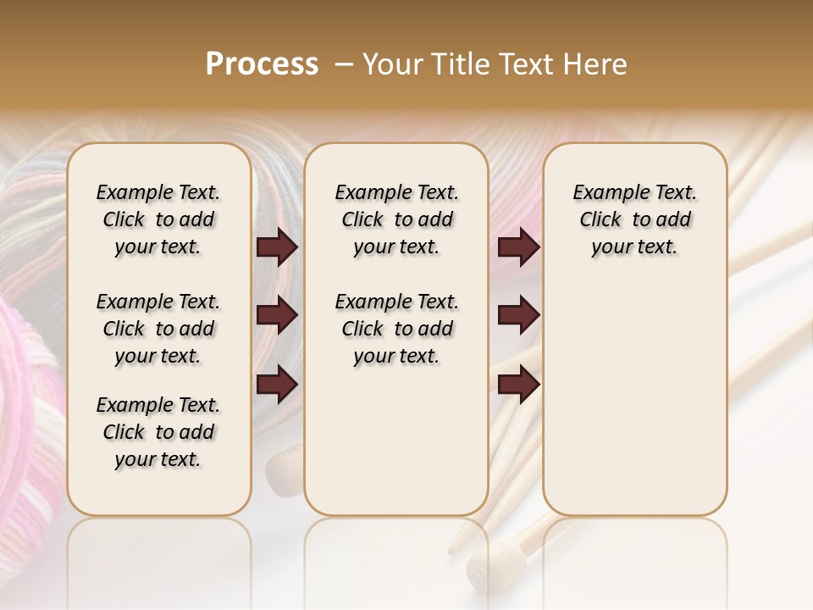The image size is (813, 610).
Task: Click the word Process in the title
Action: pos(262,64)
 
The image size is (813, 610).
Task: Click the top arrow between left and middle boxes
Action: pos(277,247)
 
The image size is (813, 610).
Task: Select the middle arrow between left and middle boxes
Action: pos(277,316)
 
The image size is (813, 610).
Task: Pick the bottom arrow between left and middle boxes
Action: pos(277,385)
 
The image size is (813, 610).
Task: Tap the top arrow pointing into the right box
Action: pos(518,247)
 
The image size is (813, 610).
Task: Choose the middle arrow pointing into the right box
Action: pos(518,316)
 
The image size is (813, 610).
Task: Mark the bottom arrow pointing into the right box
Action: pos(518,385)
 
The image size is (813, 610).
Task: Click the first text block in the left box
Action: pos(158,219)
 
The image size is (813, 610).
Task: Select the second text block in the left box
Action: pos(158,329)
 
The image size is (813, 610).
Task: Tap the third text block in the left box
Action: pos(158,432)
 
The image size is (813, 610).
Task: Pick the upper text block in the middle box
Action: pos(396,219)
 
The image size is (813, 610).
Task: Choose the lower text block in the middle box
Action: pos(396,329)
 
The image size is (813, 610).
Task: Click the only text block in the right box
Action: pos(634,219)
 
